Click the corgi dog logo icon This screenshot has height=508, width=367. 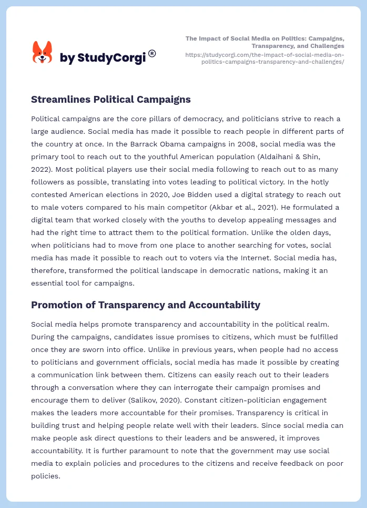43,53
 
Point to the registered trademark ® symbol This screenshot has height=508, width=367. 152,53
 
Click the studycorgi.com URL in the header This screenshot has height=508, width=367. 264,58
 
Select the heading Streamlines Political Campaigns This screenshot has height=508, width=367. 110,100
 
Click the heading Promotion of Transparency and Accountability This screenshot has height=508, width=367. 146,305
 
